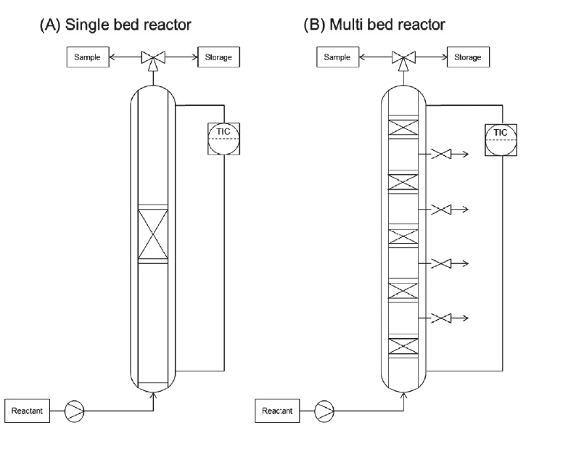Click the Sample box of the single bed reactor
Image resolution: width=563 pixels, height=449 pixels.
(89, 57)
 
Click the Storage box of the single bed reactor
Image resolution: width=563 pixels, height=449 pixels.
(218, 57)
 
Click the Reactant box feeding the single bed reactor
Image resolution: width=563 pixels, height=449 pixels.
(28, 412)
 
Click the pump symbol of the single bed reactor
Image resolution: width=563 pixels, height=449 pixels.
(75, 412)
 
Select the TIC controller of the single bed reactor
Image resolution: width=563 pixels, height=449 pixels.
(223, 139)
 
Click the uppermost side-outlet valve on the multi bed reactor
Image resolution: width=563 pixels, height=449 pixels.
(440, 155)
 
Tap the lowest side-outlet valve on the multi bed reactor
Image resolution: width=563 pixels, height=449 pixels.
(440, 318)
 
